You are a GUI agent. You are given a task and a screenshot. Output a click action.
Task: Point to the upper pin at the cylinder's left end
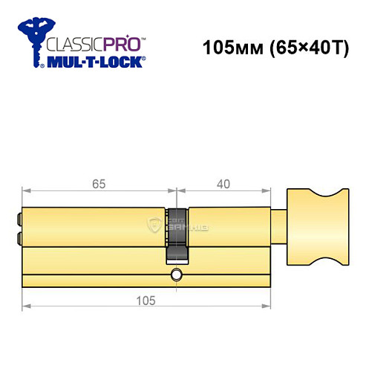click(17, 219)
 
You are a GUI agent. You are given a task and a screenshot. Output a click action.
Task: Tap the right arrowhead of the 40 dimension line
click(269, 192)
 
